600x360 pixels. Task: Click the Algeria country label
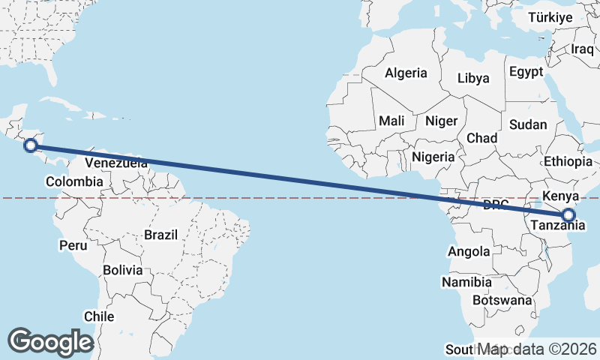coord(406,73)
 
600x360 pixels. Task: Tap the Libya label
coord(473,78)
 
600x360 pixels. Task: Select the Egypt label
coord(525,72)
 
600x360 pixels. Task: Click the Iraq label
coord(582,49)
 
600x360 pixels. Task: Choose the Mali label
coord(391,121)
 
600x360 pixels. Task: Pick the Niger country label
coord(441,121)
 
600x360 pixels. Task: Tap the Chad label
coord(481,138)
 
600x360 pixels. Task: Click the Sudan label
coord(527,124)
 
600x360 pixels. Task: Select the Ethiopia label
coord(568,161)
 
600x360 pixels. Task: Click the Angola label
coord(469,252)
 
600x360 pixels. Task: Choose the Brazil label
coord(161,235)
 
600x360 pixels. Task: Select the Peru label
coord(73,245)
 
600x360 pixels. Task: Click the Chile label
coord(99,316)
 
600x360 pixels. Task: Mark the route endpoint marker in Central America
coord(31,145)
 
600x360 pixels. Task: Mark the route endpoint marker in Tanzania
coord(568,215)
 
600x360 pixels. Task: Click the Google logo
coord(50,342)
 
